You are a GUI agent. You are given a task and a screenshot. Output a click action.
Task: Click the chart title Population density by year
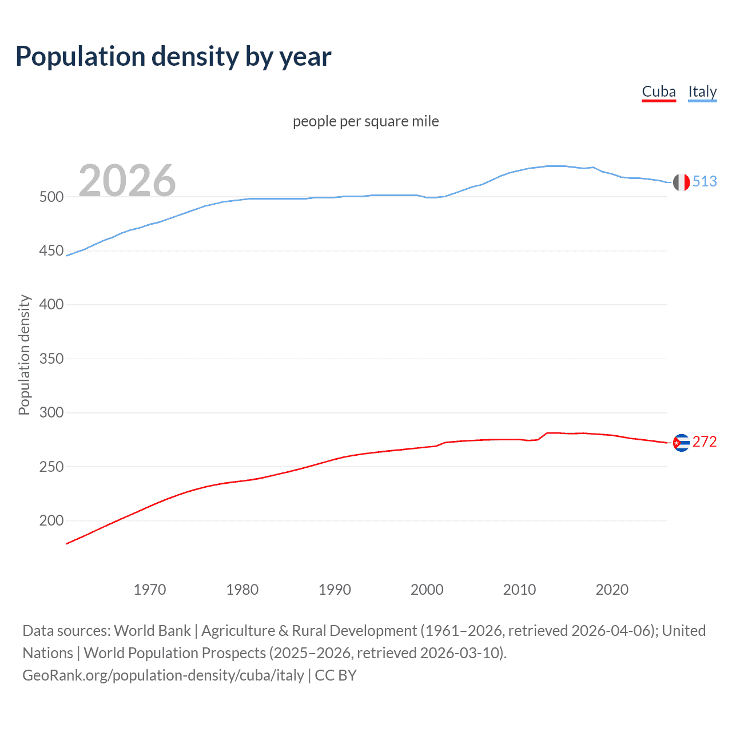[x=173, y=57]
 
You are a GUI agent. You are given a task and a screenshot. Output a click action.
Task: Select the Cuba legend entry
[x=659, y=91]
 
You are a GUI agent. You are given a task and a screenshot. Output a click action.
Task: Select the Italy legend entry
[x=702, y=91]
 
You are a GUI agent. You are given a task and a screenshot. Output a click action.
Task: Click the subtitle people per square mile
[x=366, y=121]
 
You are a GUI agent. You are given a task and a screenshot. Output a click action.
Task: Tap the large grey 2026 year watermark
[x=127, y=181]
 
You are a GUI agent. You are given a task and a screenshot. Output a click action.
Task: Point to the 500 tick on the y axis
[x=51, y=197]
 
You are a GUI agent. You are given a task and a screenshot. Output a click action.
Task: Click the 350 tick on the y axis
[x=51, y=359]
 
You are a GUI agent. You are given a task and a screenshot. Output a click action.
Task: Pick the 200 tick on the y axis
[x=51, y=520]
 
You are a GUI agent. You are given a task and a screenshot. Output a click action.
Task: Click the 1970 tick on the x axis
[x=150, y=590]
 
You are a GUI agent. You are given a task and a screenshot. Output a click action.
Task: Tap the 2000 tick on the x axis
[x=427, y=590]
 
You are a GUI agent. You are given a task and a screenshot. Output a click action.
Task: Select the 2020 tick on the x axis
[x=612, y=590]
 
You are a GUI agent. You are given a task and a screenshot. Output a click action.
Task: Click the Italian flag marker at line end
[x=681, y=182]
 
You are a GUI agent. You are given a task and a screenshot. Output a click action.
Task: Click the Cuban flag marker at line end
[x=681, y=443]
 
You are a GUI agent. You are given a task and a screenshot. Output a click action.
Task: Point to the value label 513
[x=705, y=181]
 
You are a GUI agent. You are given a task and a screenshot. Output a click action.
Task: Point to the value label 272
[x=705, y=441]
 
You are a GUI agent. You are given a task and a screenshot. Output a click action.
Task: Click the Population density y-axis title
[x=24, y=355]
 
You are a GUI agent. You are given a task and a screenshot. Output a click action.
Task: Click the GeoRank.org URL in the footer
[x=163, y=675]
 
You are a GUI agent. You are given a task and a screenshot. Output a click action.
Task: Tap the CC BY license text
[x=336, y=675]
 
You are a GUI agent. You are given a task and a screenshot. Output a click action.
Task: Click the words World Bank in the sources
[x=152, y=631]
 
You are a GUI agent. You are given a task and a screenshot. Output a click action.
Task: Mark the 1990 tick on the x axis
[x=335, y=590]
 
